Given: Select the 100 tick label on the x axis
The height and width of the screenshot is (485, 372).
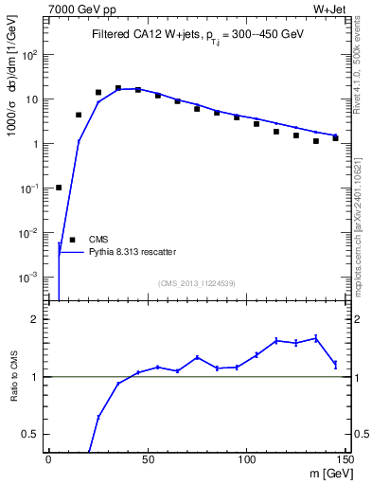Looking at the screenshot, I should tap(246, 459).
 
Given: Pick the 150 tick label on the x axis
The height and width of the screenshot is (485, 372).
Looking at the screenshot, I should tap(345, 459).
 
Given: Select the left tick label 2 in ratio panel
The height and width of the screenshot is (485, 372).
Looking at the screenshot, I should tap(37, 320).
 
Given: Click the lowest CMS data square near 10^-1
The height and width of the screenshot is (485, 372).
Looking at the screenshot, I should tap(59, 188).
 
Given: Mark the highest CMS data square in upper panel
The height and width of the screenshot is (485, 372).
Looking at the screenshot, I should tap(118, 88).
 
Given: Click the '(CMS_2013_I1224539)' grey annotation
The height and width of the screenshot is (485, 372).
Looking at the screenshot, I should tap(197, 281).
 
